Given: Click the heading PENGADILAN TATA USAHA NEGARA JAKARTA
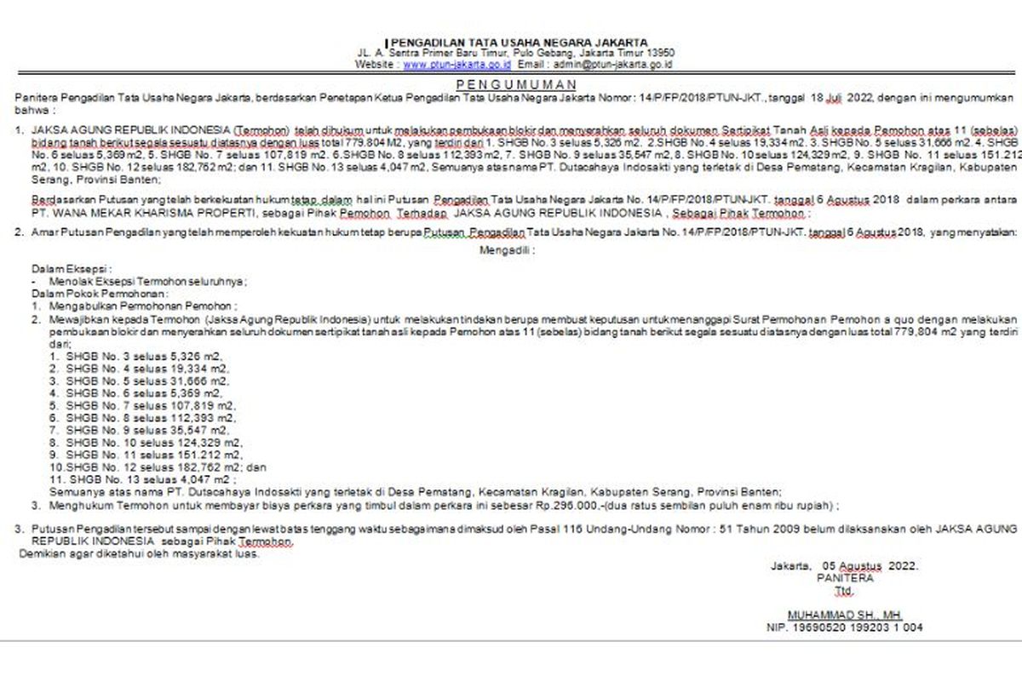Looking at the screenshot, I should click(x=519, y=42).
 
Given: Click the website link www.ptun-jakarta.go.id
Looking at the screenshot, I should click(x=456, y=64).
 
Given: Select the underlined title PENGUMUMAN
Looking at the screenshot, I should click(x=516, y=84).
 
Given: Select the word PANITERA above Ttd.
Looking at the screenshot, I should click(x=844, y=578).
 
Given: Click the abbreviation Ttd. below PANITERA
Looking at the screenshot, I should click(x=843, y=590).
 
